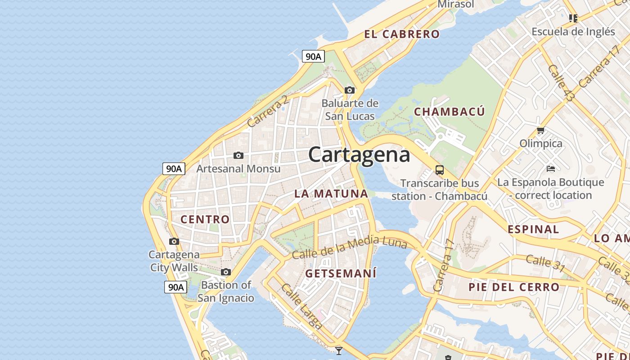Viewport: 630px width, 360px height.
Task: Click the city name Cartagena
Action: (x=359, y=155)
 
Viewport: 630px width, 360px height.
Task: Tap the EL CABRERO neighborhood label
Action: (x=402, y=34)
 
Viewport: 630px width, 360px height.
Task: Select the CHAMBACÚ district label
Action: (x=449, y=112)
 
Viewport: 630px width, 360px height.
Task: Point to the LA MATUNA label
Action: (x=331, y=194)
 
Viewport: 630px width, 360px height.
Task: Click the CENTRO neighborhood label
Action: (x=205, y=220)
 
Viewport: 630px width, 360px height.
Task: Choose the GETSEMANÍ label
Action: (x=341, y=274)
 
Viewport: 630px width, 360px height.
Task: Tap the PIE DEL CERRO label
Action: (x=514, y=287)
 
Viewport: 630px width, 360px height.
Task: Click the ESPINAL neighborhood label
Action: (x=533, y=229)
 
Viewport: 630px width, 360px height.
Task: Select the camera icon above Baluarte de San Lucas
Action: (x=350, y=90)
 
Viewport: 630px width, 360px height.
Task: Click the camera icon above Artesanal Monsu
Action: (x=238, y=156)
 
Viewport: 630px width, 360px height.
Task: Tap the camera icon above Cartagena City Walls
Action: (x=174, y=242)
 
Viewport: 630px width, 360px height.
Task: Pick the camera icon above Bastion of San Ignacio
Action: (x=226, y=272)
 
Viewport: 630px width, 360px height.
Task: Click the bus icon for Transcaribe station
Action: (x=440, y=170)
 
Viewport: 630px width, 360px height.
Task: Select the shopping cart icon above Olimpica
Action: (x=540, y=130)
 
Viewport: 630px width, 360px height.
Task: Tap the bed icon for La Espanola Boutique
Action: (x=551, y=169)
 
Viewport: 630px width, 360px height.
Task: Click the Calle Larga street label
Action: (x=302, y=306)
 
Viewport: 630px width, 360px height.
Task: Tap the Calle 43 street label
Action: (x=561, y=82)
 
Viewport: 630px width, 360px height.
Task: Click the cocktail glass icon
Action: (x=339, y=351)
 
